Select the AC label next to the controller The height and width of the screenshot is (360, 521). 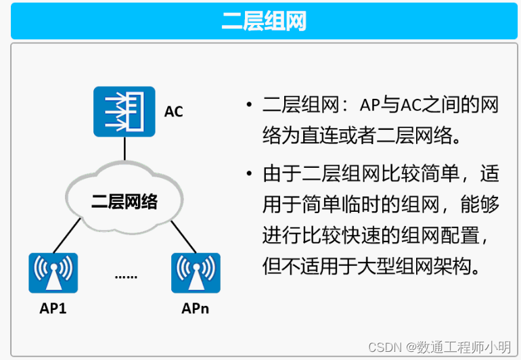pos(174,112)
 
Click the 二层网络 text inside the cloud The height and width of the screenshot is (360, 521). pos(124,201)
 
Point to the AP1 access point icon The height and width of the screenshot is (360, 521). pos(53,273)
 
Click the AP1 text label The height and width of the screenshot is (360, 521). pos(53,309)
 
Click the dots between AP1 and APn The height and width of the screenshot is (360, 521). pos(125,276)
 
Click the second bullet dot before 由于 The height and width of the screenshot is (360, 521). pos(250,175)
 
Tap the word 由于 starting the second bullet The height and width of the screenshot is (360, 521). pos(279,174)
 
